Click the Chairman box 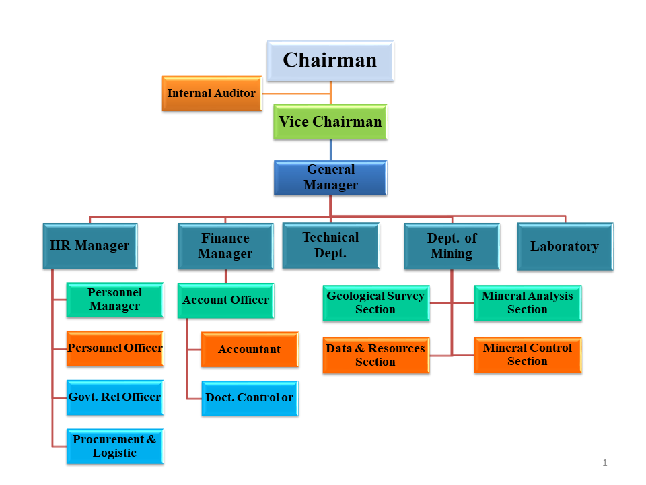330,61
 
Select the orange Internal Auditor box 211,94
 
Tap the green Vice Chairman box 330,122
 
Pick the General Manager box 330,178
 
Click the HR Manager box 89,246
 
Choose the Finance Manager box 225,247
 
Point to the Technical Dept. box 330,246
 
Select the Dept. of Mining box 452,247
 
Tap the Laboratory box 565,247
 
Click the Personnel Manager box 114,300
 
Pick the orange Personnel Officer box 114,348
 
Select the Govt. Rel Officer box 114,397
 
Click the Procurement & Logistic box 114,446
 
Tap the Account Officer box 225,300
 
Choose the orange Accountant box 249,349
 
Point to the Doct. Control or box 249,397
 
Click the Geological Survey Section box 375,302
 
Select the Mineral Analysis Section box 528,302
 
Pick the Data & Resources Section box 375,355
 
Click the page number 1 605,463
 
